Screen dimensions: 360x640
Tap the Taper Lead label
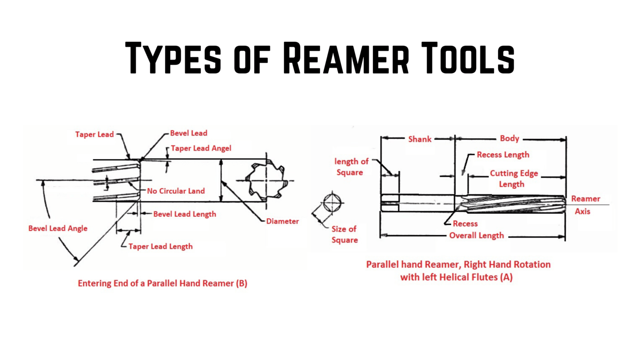click(x=94, y=134)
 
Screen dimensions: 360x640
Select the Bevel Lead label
click(x=188, y=133)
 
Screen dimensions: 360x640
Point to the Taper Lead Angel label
click(x=201, y=148)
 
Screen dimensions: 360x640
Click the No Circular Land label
click(x=176, y=191)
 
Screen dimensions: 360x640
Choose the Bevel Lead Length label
click(x=185, y=214)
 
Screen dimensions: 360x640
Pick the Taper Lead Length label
click(x=160, y=246)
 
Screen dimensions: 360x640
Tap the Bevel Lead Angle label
click(x=58, y=228)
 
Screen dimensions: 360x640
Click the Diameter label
click(x=282, y=221)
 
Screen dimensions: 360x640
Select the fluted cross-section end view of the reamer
click(x=265, y=180)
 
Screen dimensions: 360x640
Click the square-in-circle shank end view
click(x=332, y=203)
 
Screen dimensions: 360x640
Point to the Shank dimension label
click(x=420, y=139)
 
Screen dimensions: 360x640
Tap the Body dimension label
click(x=510, y=138)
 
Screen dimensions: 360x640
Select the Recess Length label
click(x=503, y=155)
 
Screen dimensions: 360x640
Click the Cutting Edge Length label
click(x=513, y=179)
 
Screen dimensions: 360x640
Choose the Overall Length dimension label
click(x=476, y=236)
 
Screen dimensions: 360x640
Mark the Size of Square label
click(x=344, y=234)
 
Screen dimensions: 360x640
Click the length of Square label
click(x=351, y=167)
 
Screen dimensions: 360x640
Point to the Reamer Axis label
click(x=585, y=205)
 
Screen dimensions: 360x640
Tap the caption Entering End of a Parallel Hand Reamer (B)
click(x=162, y=283)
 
